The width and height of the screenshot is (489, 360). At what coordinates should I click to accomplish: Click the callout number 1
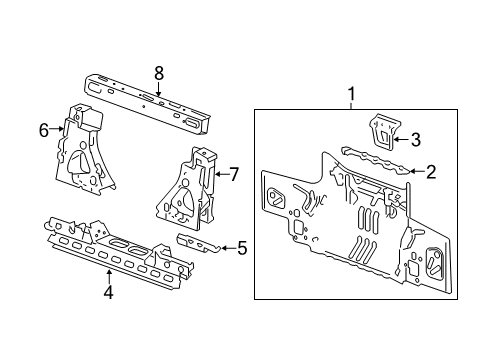click(x=352, y=95)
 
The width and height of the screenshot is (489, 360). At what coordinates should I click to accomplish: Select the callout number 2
click(x=431, y=172)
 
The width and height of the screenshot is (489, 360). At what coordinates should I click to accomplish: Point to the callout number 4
click(x=109, y=292)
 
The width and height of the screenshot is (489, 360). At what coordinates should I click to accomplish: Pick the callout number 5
click(x=242, y=248)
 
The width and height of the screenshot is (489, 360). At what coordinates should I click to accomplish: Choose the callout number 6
click(x=44, y=128)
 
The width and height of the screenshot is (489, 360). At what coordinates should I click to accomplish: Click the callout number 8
click(x=158, y=72)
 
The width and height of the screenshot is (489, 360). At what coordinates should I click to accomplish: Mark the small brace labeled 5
click(x=199, y=245)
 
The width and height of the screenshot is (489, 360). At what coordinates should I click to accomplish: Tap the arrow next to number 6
click(x=58, y=128)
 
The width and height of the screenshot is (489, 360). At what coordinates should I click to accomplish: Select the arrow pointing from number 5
click(x=225, y=248)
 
